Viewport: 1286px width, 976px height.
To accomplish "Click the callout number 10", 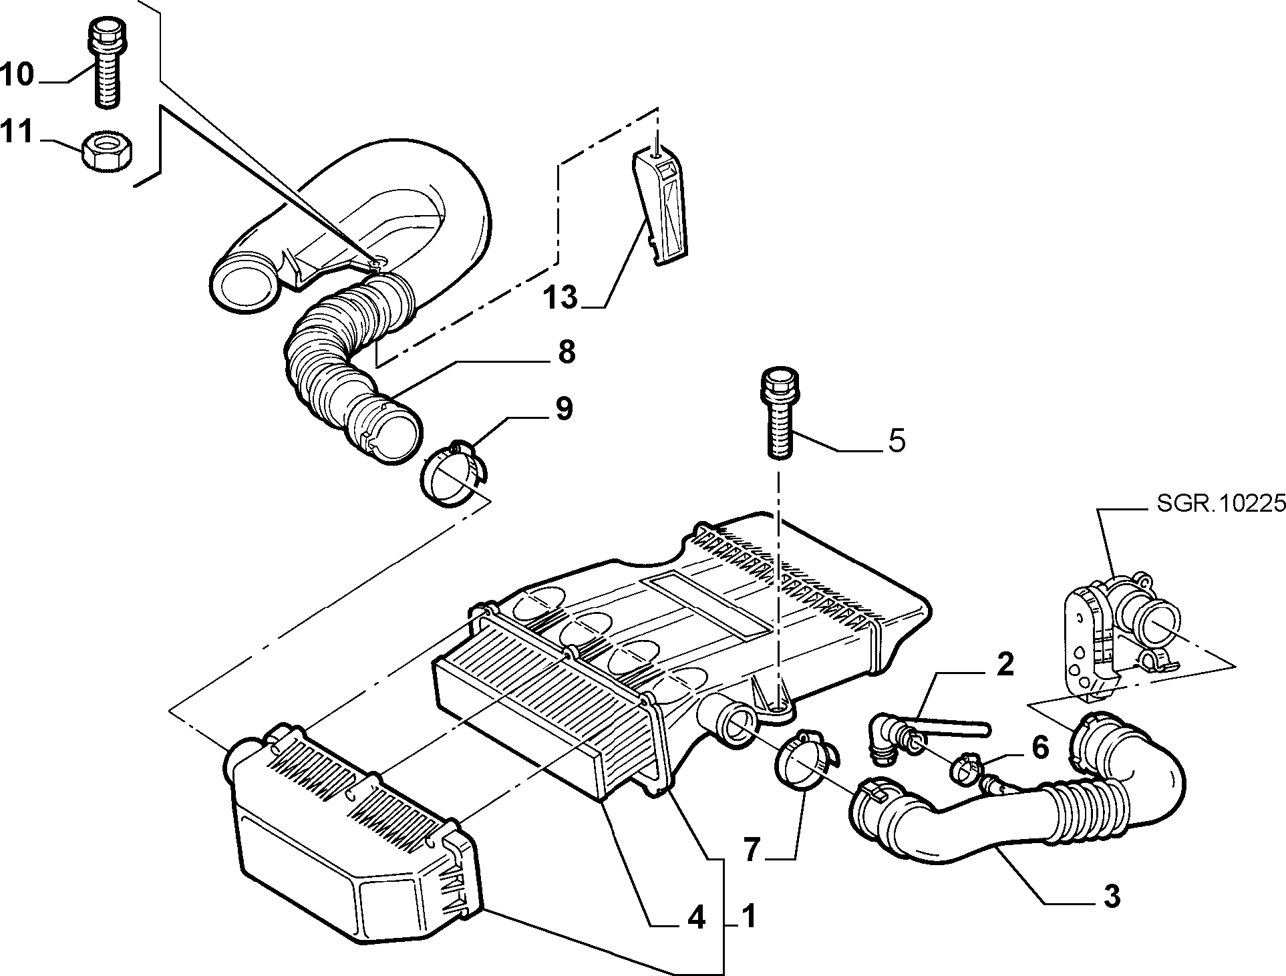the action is (17, 74).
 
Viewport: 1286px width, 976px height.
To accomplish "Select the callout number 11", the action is (17, 132).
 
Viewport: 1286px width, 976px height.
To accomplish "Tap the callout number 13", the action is (560, 297).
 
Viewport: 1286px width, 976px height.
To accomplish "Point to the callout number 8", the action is (567, 352).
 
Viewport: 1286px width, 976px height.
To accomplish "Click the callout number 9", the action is (564, 409).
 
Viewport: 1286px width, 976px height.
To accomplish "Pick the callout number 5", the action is (896, 441).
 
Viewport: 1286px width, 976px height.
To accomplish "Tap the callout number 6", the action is (1040, 748).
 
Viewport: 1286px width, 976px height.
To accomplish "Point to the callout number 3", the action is (1111, 897).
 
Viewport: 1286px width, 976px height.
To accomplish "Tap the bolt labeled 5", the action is (779, 412).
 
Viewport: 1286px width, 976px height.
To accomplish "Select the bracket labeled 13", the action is (660, 208).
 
